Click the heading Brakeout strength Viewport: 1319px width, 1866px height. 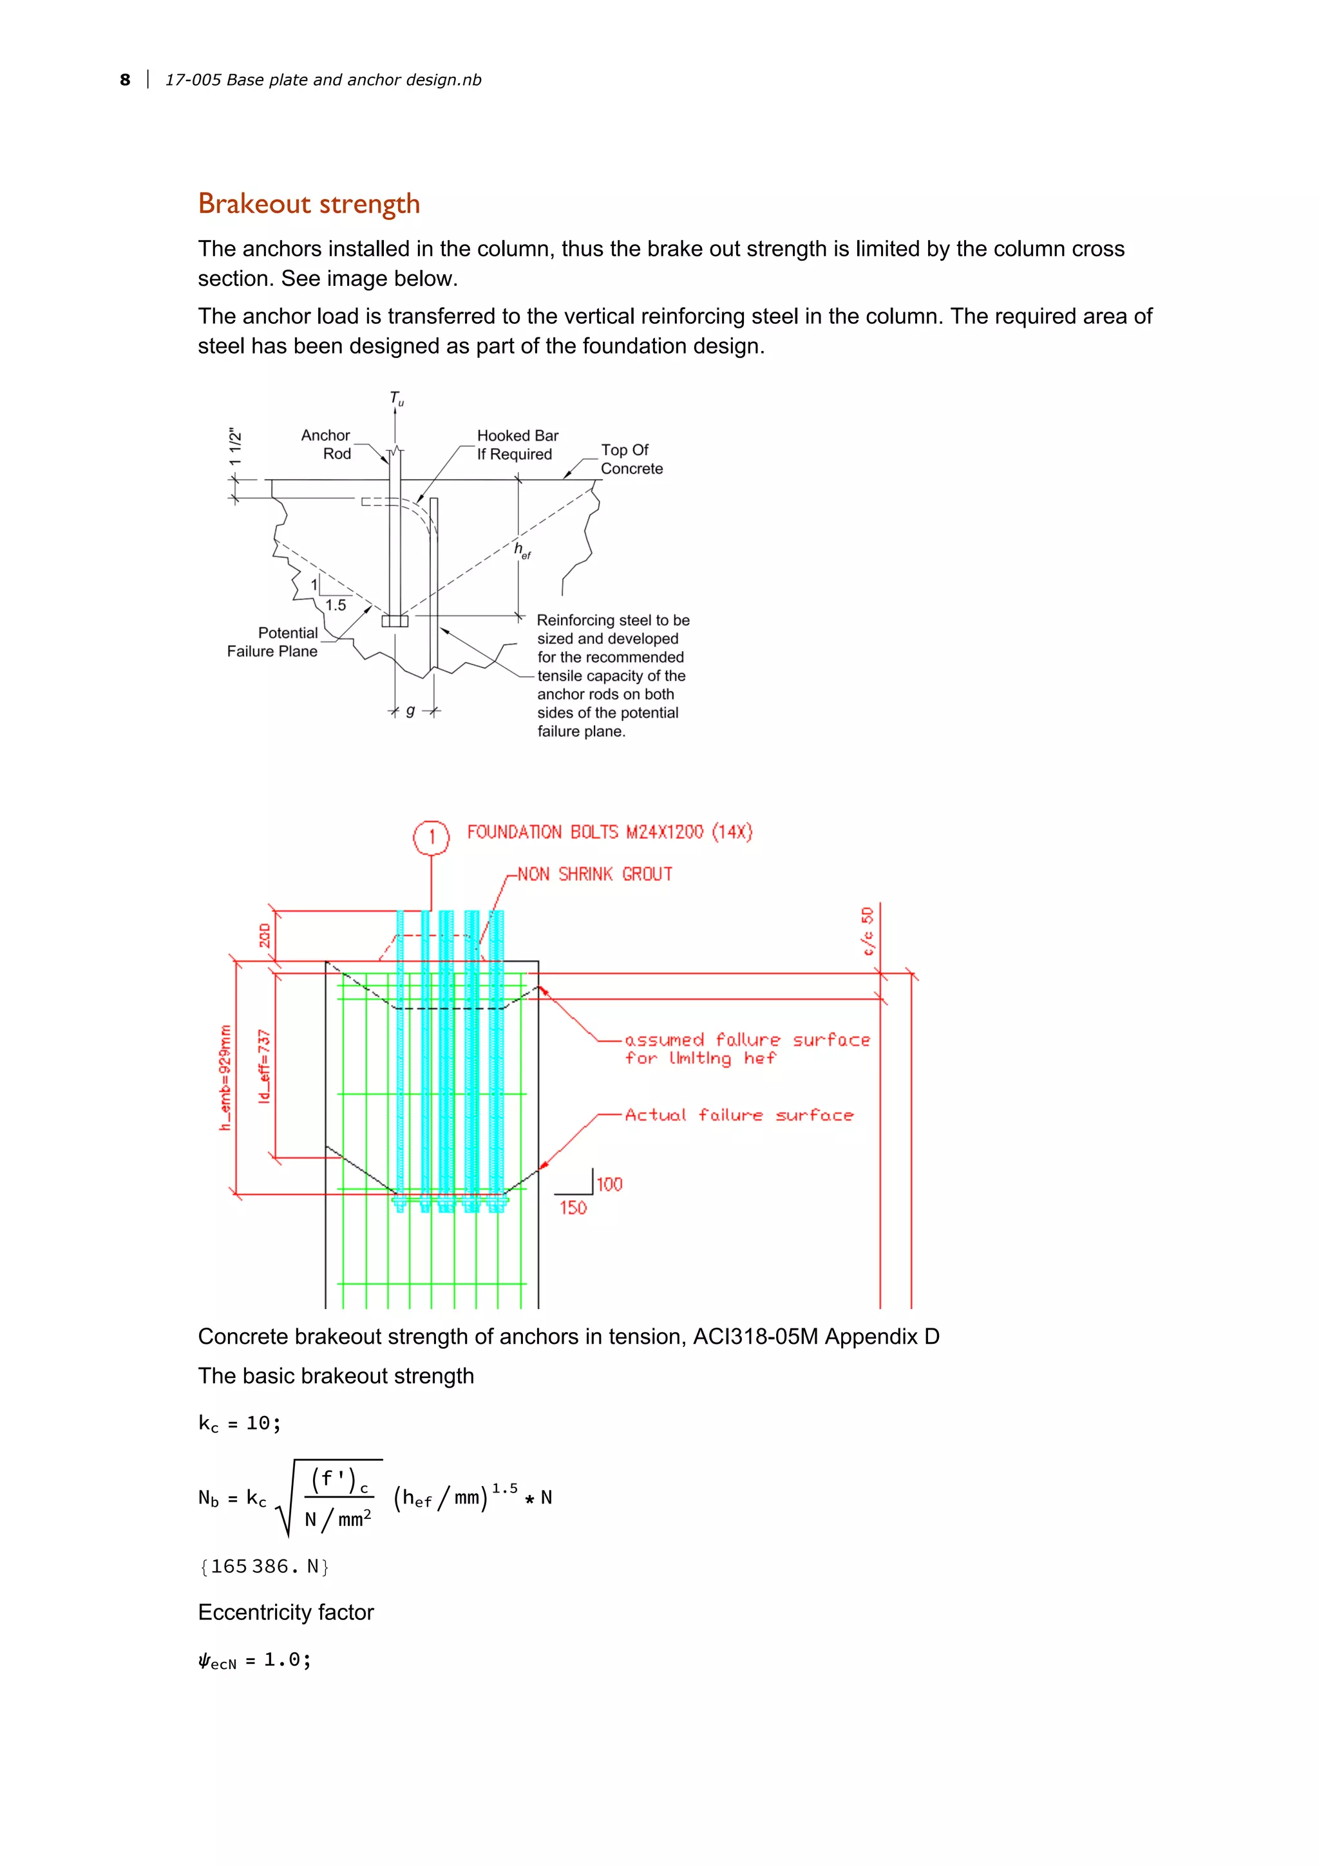click(x=309, y=203)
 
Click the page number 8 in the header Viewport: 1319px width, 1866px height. click(x=124, y=80)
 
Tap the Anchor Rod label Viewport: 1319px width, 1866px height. click(x=327, y=444)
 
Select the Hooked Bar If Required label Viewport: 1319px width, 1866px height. click(x=517, y=444)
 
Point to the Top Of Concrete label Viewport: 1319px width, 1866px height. click(x=631, y=459)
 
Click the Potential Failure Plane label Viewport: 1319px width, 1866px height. click(x=274, y=641)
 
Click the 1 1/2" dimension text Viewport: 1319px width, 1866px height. click(x=235, y=446)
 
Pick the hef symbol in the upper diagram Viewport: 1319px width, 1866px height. click(x=522, y=551)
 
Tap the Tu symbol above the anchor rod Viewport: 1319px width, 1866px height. click(x=397, y=398)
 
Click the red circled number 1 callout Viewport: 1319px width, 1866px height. click(x=432, y=837)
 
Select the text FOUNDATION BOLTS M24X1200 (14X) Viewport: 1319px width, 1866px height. click(x=609, y=832)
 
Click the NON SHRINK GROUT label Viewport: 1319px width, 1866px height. click(x=595, y=874)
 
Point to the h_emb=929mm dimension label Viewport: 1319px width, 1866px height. click(x=225, y=1077)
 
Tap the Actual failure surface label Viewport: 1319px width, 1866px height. click(x=739, y=1115)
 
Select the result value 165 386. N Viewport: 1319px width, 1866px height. click(x=264, y=1566)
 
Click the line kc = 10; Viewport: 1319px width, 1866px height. click(x=240, y=1423)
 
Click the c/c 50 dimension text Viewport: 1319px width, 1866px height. click(x=867, y=930)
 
